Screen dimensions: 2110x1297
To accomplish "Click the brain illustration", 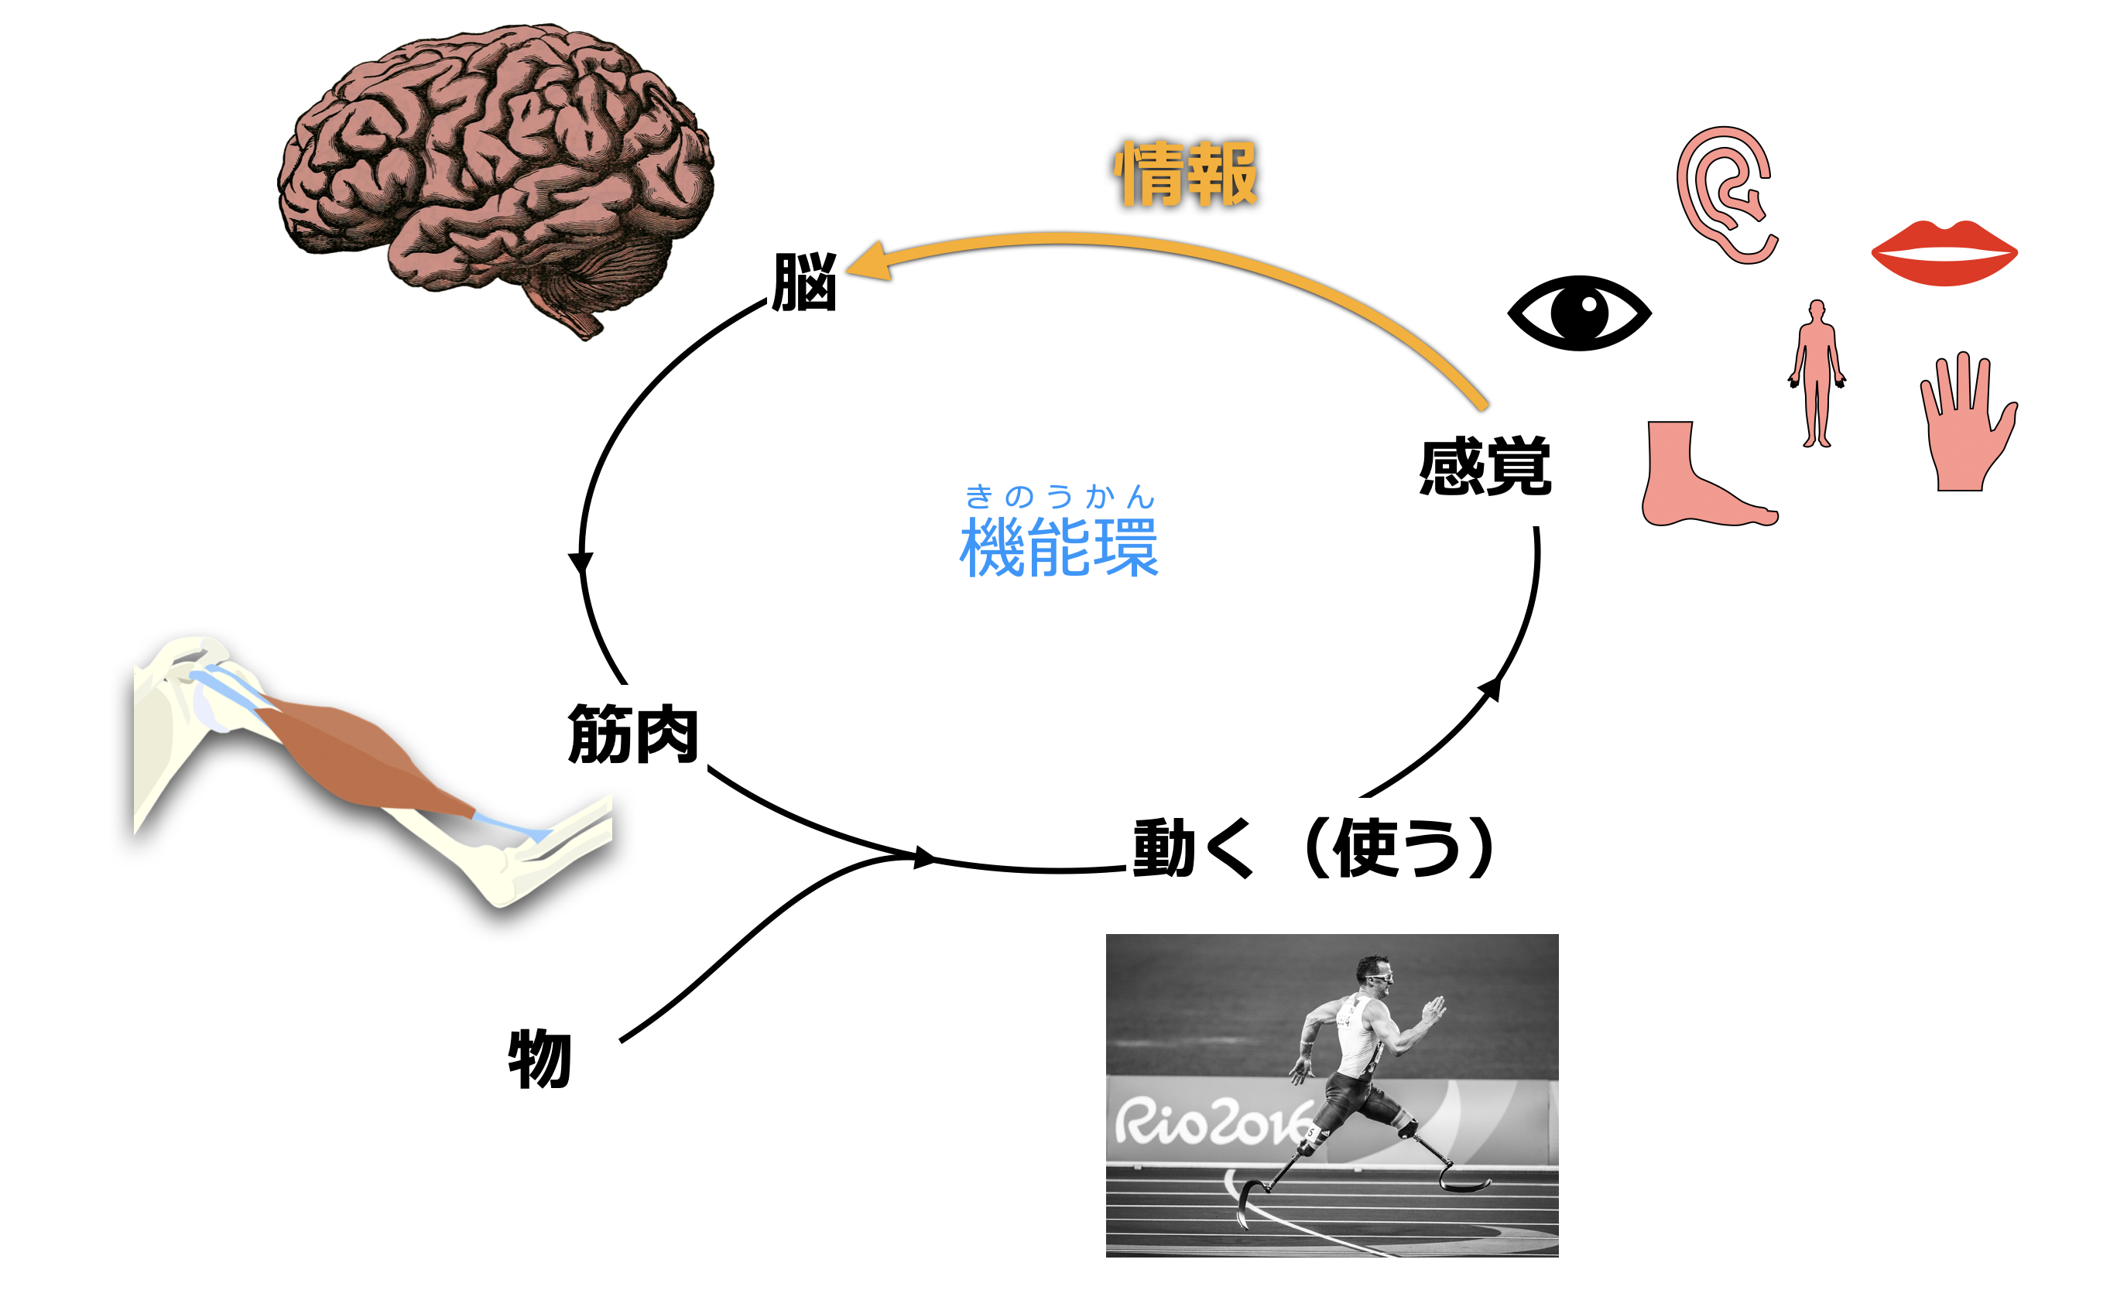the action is pos(495,172).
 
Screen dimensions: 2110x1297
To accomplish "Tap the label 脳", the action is pos(803,282).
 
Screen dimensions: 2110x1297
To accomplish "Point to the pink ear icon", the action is pos(1725,195).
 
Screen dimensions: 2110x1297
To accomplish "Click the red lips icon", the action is pos(1944,253).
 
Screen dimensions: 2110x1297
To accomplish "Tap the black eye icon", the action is pos(1579,313).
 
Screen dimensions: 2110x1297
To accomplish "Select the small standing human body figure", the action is pos(1817,374).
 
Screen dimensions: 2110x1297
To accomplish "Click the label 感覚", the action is pos(1485,467).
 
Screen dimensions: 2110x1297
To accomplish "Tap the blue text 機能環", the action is pos(1060,546).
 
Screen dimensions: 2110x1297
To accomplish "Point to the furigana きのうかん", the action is pos(1060,496).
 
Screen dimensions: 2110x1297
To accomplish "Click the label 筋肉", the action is pos(633,734).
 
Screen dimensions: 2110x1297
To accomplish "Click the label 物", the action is pos(539,1059).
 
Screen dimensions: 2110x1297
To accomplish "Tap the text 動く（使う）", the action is pos(1314,847).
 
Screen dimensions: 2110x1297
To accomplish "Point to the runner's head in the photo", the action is pos(1375,974).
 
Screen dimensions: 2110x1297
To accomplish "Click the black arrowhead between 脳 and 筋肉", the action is pos(581,563).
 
